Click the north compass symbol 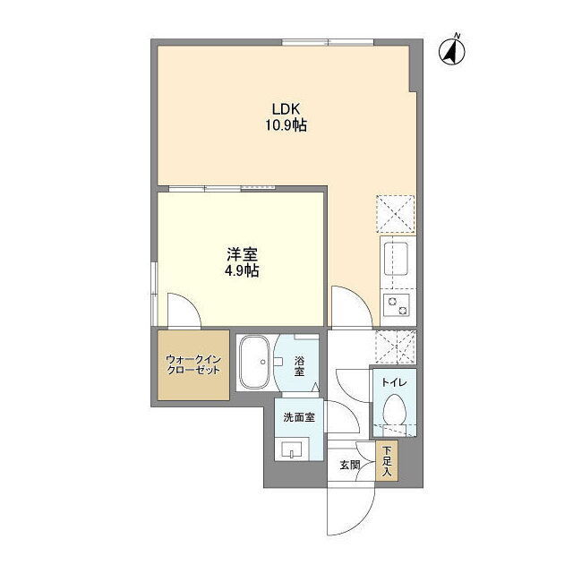[x=452, y=50]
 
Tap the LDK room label [x=286, y=109]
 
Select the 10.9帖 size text [x=286, y=125]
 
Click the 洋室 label [x=242, y=254]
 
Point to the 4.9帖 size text [x=242, y=271]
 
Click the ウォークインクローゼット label [x=193, y=364]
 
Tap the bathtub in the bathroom [x=254, y=363]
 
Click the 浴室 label [x=299, y=366]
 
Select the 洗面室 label [x=299, y=417]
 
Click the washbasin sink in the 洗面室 [x=292, y=449]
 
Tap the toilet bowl [x=394, y=409]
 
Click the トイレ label [x=394, y=382]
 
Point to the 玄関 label [x=350, y=466]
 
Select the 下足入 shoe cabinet [x=387, y=461]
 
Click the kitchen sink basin [x=396, y=259]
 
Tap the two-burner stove [x=397, y=306]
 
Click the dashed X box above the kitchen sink [x=396, y=214]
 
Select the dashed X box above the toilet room [x=396, y=346]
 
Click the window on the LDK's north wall [x=328, y=42]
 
